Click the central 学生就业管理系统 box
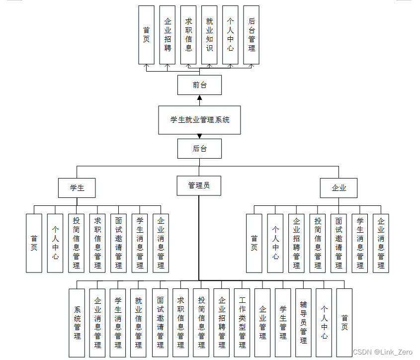click(x=199, y=120)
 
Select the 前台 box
click(x=199, y=85)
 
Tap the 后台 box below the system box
click(x=199, y=148)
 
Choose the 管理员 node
click(x=199, y=185)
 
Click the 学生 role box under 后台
click(x=77, y=188)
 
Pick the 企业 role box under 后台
click(x=338, y=188)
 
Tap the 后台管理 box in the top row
click(x=252, y=35)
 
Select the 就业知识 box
click(x=209, y=35)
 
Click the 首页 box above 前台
click(x=146, y=35)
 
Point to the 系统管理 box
click(x=77, y=323)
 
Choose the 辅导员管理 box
click(x=303, y=323)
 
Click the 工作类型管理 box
click(x=242, y=323)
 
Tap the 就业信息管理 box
click(x=138, y=323)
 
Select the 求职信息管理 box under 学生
click(x=97, y=243)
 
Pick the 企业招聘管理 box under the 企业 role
click(x=296, y=243)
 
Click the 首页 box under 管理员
click(x=344, y=323)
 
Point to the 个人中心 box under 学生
click(x=55, y=243)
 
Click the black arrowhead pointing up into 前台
click(x=199, y=97)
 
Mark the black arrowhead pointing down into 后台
click(x=199, y=136)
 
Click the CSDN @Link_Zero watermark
click(x=382, y=352)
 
